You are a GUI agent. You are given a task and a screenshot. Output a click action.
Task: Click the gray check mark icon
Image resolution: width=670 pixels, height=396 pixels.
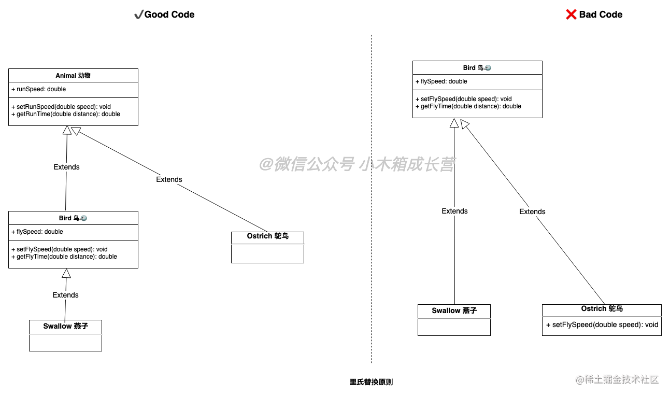click(x=139, y=15)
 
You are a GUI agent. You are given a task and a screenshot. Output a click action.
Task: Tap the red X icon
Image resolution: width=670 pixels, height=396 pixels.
click(x=571, y=14)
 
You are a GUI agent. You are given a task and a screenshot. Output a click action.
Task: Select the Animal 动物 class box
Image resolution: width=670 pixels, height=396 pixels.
click(x=73, y=76)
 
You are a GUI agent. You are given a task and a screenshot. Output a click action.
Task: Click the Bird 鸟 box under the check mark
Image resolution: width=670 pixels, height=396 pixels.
click(x=73, y=218)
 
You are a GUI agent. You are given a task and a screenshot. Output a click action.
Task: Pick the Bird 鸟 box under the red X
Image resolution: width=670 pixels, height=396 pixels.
click(x=477, y=68)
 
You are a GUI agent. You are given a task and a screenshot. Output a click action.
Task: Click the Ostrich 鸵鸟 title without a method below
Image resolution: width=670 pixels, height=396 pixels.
click(x=267, y=236)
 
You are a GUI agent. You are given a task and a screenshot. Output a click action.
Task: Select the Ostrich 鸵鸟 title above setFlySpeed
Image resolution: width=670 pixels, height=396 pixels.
click(x=602, y=309)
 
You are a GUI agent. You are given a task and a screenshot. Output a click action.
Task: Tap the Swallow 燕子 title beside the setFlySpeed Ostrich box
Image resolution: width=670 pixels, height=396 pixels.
click(x=454, y=311)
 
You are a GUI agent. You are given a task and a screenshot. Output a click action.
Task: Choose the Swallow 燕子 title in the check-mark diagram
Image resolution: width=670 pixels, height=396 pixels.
click(x=65, y=327)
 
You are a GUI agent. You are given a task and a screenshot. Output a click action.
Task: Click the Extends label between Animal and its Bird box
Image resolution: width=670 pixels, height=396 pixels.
click(x=66, y=167)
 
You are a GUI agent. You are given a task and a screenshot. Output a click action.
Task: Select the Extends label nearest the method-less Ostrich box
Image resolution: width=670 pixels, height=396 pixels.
click(x=169, y=180)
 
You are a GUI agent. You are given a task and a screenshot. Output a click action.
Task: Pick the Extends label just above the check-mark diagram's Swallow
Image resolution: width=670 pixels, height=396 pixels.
click(x=65, y=295)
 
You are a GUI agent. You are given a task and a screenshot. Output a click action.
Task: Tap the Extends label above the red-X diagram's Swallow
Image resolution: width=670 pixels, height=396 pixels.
click(x=454, y=211)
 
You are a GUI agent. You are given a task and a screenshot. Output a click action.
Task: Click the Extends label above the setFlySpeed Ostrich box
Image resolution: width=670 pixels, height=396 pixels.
click(x=532, y=212)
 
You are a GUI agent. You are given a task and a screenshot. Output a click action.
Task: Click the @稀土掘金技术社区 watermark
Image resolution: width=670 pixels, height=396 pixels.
click(x=616, y=379)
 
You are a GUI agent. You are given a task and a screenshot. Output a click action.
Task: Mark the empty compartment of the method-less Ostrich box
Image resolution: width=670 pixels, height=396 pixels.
click(x=267, y=253)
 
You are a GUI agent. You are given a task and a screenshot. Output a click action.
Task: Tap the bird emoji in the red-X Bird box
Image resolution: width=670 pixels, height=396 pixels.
click(x=488, y=68)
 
